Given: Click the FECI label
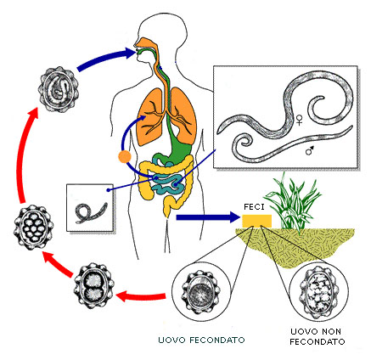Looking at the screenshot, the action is coord(254,207).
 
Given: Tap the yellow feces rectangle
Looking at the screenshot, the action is coord(257,221).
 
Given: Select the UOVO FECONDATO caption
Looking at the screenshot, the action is coord(201,340).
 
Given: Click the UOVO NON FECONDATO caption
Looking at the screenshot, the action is coord(317,336).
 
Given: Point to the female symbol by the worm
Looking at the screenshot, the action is coord(299,120).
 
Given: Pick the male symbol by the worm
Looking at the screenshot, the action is coord(310,150).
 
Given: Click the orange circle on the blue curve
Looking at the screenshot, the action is coord(125,157).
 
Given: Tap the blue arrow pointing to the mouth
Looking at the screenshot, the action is coord(105,59).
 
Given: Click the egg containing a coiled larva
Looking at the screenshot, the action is coord(59,89).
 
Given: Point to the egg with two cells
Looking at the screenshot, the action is coord(94,286).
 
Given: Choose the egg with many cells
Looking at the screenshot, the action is coord(34,228).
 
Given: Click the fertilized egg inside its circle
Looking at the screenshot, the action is coord(201,292).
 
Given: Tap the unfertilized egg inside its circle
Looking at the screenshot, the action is coord(319,292).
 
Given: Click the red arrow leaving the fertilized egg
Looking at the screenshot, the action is coord(141,297).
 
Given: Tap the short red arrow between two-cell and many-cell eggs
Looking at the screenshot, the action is coord(59,263).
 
